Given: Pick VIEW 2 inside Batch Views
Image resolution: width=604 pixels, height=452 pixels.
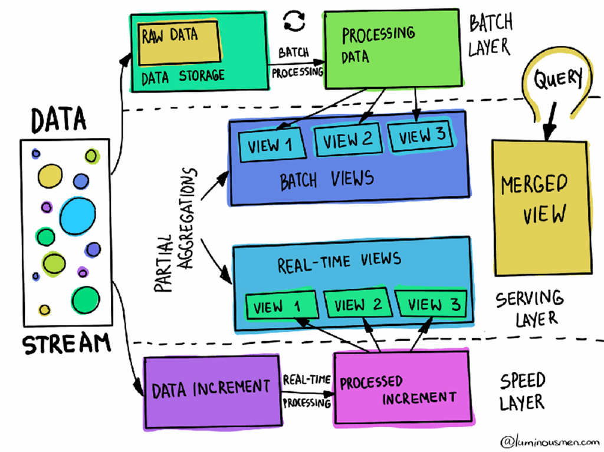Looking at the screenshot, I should (x=347, y=140).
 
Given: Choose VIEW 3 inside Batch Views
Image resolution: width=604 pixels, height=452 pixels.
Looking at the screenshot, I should (x=422, y=137).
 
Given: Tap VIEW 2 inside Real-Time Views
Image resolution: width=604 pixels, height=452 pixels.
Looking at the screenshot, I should (x=358, y=304).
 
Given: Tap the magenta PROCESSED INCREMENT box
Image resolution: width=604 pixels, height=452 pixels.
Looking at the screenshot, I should (x=402, y=389).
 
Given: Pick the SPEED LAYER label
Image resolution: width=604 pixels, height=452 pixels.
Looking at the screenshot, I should (x=522, y=391).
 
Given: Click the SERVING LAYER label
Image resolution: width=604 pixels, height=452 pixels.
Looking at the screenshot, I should (x=528, y=308).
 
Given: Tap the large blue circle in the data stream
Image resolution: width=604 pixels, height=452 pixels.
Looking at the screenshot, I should (x=77, y=216).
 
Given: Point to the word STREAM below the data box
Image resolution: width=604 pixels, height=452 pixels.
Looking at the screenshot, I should (x=66, y=344).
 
